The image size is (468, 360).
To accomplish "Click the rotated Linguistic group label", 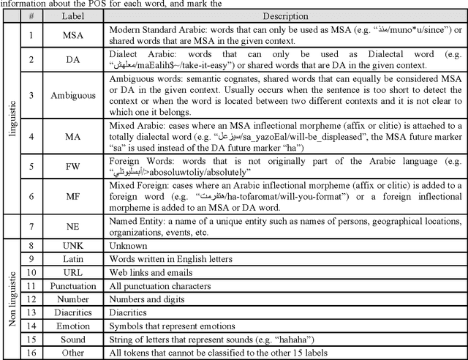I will click(11, 117).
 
